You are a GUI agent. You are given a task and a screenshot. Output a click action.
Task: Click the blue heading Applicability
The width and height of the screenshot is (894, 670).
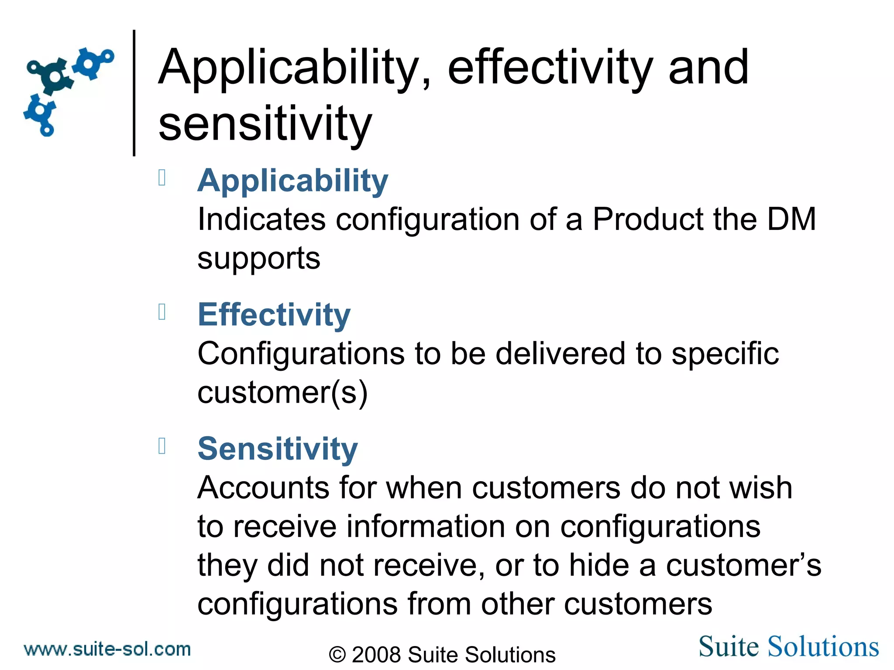click(292, 181)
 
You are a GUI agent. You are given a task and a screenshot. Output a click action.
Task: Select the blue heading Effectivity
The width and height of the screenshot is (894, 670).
click(274, 314)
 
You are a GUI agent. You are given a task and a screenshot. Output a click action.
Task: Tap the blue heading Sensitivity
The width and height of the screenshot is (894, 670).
click(278, 449)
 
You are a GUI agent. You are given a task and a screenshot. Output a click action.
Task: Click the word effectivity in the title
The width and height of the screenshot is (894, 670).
click(550, 68)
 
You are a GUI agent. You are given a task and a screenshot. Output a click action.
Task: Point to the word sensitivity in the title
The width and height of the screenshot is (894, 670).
click(265, 124)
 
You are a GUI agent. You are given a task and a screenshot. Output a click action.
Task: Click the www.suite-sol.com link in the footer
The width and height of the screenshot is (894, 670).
click(107, 649)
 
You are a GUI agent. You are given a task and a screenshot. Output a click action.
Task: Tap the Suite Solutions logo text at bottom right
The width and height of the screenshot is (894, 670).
click(788, 646)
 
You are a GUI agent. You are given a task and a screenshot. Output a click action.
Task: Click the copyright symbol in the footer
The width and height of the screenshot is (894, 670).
click(337, 655)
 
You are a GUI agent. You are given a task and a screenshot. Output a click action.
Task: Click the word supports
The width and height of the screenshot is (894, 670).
click(259, 259)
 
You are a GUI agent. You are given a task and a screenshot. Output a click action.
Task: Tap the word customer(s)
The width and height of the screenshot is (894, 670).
click(282, 393)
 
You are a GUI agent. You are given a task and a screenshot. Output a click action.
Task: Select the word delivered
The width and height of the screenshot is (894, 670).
click(560, 353)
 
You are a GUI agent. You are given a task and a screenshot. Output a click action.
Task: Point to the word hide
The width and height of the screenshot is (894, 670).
click(599, 565)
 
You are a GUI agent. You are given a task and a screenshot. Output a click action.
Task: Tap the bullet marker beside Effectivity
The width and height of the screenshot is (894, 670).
click(162, 312)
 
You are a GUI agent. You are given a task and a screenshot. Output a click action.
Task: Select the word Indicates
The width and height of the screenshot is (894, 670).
click(261, 219)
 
